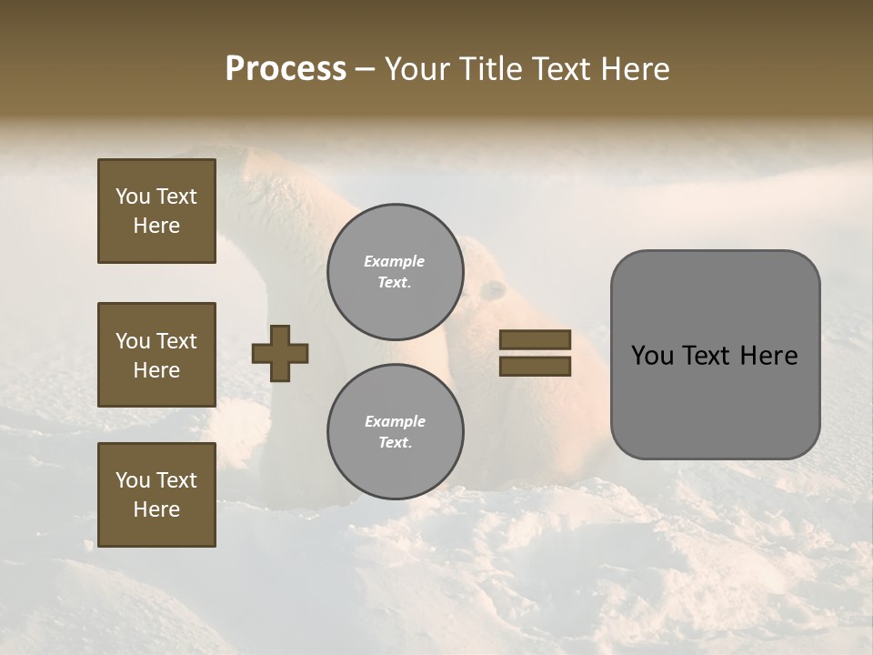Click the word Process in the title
pyautogui.click(x=286, y=69)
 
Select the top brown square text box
pyautogui.click(x=156, y=211)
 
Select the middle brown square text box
pyautogui.click(x=156, y=355)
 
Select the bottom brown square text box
pyautogui.click(x=156, y=495)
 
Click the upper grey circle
pyautogui.click(x=395, y=272)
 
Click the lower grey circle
pyautogui.click(x=395, y=432)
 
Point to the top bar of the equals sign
pyautogui.click(x=535, y=340)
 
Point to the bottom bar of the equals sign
pyautogui.click(x=535, y=367)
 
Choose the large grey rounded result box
pyautogui.click(x=715, y=355)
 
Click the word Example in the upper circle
pyautogui.click(x=395, y=261)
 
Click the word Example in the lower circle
pyautogui.click(x=395, y=421)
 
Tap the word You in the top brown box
pyautogui.click(x=132, y=196)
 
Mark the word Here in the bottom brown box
pyautogui.click(x=156, y=509)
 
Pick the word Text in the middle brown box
pyautogui.click(x=176, y=341)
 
